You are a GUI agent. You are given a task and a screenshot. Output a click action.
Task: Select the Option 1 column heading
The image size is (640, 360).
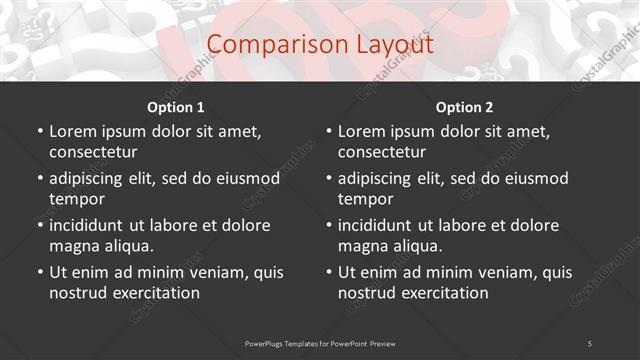click(x=176, y=107)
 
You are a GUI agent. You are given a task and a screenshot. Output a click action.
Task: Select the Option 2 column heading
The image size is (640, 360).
click(x=465, y=107)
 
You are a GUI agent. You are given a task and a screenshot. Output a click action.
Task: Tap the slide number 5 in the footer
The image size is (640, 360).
click(x=590, y=343)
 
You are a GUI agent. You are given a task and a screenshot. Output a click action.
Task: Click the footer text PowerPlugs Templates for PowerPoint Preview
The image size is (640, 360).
click(x=320, y=343)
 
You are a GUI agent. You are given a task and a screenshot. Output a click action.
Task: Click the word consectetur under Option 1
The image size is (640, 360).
click(x=93, y=152)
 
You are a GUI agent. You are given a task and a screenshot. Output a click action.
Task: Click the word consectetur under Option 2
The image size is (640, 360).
click(x=382, y=152)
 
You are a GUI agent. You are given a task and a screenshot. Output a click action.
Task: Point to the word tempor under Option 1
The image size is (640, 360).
click(x=74, y=199)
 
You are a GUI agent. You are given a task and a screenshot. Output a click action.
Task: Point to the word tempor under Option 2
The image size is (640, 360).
click(x=363, y=199)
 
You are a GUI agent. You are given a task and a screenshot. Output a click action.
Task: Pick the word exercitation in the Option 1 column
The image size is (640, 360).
click(x=154, y=293)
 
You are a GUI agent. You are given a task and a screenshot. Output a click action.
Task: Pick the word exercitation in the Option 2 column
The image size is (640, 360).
click(x=443, y=293)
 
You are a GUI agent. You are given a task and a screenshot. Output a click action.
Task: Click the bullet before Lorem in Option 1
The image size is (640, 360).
click(x=40, y=131)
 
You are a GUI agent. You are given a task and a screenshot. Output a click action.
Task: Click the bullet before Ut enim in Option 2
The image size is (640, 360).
click(x=329, y=272)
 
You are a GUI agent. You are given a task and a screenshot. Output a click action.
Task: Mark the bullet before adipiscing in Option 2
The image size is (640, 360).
click(x=329, y=178)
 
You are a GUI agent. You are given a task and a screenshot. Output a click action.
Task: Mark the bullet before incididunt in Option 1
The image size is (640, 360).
click(x=40, y=225)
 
